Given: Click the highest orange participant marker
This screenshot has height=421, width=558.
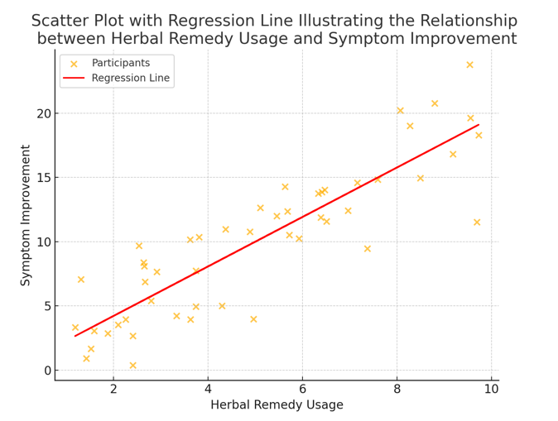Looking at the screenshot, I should pos(469,65).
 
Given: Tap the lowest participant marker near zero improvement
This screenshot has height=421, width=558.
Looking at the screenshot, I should pos(132,366).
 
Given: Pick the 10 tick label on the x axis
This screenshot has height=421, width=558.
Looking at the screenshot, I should pos(491,389).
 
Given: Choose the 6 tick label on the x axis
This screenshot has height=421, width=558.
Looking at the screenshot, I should pos(302,389).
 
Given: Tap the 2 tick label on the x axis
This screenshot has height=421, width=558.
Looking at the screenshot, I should pos(113,389).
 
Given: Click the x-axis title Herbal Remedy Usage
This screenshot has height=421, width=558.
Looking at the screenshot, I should pos(277,405).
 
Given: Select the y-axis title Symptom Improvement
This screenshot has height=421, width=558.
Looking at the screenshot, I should pos(26,215).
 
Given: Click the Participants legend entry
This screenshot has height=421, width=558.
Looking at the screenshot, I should pos(120,63).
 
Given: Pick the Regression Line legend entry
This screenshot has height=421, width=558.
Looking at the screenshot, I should pos(130,79).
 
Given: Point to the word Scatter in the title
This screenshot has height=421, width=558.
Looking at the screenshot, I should pos(62,22).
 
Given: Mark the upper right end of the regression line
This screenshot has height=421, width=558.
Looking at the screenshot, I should pos(479,125).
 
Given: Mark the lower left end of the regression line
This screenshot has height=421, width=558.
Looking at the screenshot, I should pos(75,336).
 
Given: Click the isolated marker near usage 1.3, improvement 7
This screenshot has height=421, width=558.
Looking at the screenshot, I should pos(81,280).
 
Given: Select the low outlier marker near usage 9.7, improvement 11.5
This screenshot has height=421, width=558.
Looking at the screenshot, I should pos(477,222).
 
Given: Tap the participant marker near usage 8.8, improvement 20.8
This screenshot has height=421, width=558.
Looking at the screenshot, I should pos(435,103).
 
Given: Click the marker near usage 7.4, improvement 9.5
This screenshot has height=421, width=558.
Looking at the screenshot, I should pos(368,248).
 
